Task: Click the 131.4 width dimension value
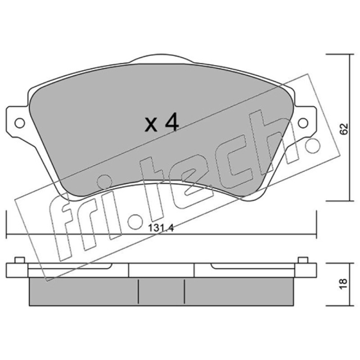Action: point(161,228)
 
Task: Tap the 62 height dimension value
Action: point(344,129)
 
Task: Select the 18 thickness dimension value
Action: point(344,284)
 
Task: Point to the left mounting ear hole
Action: point(19,123)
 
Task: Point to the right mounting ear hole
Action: point(303,123)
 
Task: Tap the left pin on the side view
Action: point(19,260)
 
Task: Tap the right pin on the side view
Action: point(303,260)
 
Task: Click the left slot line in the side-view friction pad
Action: point(138,291)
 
